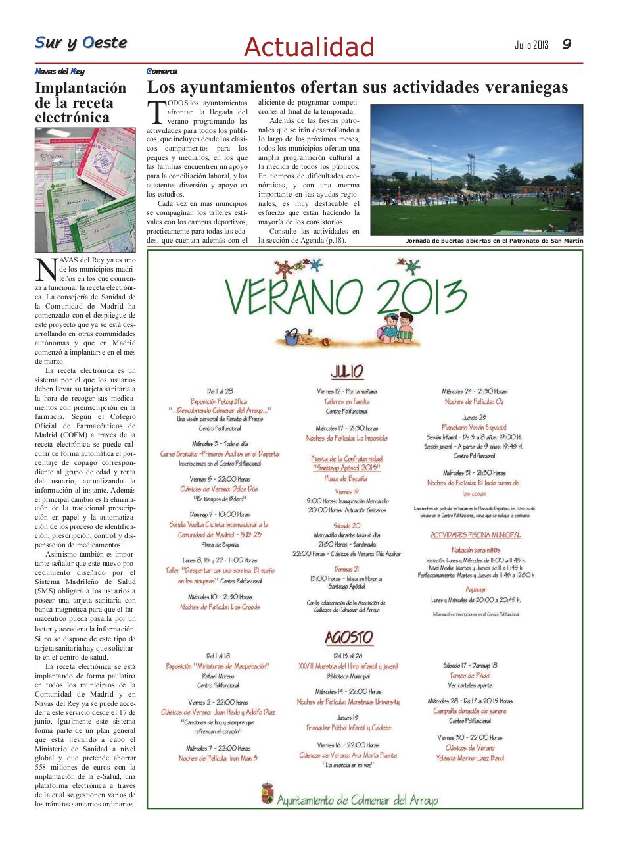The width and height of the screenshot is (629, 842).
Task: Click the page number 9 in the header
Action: tap(567, 44)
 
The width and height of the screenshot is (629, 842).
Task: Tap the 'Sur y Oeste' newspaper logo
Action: tap(81, 43)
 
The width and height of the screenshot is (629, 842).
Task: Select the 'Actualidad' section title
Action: tap(309, 47)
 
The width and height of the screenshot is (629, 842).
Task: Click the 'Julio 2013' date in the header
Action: tap(531, 45)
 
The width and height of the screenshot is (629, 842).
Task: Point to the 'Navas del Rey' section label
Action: tap(59, 71)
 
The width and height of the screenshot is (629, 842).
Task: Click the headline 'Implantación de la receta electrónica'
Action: tap(80, 103)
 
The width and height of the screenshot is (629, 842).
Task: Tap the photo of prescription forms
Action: tap(85, 189)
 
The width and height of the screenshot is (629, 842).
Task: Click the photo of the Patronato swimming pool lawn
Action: tap(477, 170)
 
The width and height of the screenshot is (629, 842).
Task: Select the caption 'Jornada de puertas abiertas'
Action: tap(494, 241)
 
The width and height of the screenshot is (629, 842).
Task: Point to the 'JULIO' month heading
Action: tap(347, 371)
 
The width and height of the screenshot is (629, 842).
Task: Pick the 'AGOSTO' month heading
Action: tap(349, 637)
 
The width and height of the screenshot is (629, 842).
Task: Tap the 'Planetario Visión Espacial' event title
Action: tap(473, 427)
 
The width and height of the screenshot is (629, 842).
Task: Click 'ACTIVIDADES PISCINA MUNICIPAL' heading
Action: tap(475, 535)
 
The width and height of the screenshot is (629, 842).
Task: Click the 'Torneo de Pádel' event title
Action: tap(470, 675)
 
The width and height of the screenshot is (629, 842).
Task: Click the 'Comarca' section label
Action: tap(162, 71)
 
